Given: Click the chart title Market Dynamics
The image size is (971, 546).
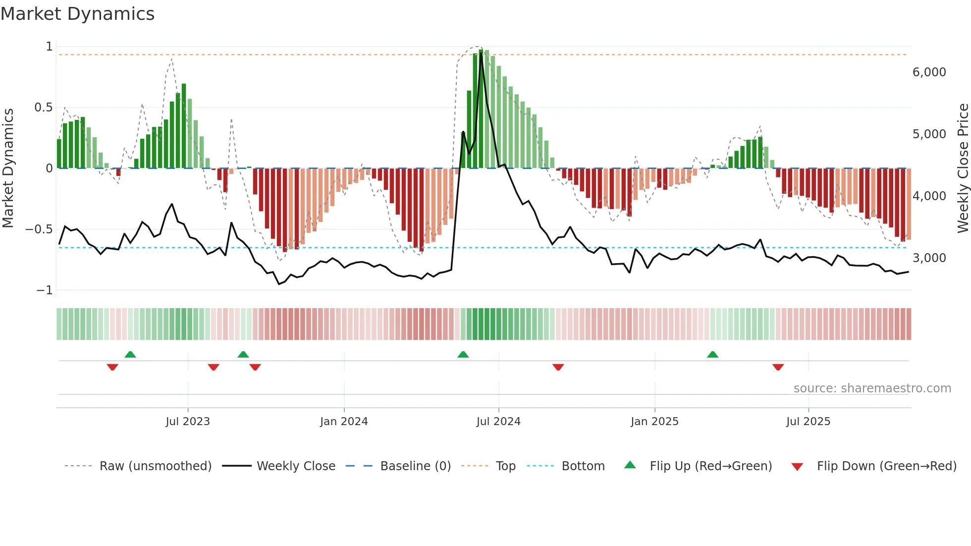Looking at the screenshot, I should (77, 14).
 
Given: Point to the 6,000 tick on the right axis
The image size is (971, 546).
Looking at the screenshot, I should (929, 72).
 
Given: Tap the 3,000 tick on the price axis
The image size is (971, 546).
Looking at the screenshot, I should (929, 258).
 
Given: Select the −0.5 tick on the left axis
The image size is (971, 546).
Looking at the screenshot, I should (39, 229).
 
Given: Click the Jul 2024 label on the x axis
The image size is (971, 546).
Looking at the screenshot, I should (498, 422).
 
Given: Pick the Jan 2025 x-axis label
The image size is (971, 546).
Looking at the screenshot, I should (654, 422).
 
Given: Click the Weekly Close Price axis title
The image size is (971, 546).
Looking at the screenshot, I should (963, 168).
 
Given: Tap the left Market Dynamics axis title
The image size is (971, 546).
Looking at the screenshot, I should (8, 168).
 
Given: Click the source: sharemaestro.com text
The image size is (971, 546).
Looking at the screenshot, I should (872, 388).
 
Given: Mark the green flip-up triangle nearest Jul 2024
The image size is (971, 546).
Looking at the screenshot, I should (463, 355).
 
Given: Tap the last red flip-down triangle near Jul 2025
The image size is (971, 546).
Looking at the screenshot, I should (778, 367).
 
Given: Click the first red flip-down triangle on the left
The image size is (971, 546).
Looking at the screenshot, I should (112, 367).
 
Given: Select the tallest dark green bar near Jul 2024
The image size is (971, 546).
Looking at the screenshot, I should (481, 109).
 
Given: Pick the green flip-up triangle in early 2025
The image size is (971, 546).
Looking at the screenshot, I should (712, 355).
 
